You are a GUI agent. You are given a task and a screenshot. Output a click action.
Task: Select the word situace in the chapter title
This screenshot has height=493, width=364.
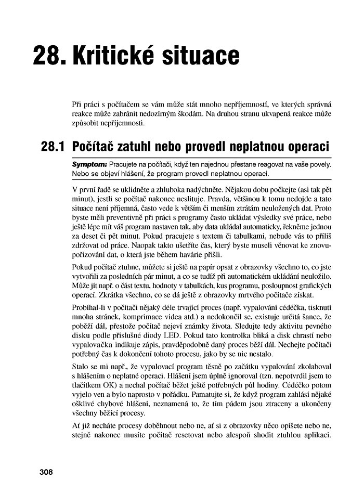(x=206, y=56)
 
